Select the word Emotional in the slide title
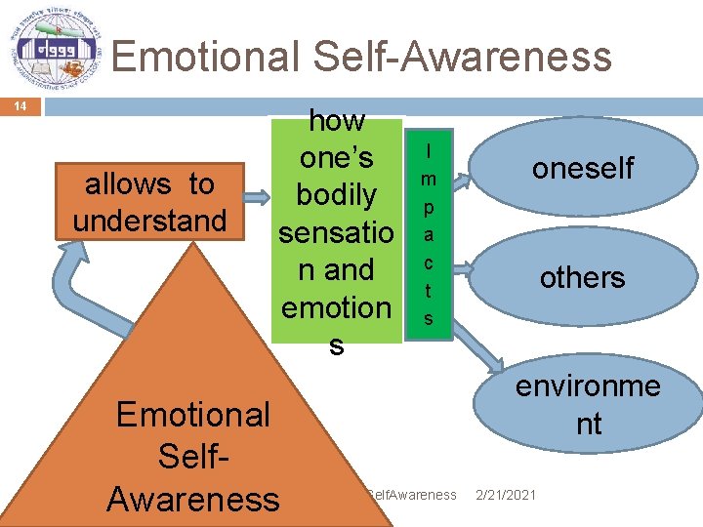pyautogui.click(x=204, y=57)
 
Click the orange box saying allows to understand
pyautogui.click(x=149, y=202)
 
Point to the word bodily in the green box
pyautogui.click(x=336, y=195)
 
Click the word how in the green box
pyautogui.click(x=336, y=121)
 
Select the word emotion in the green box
pyautogui.click(x=336, y=307)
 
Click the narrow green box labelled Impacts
pyautogui.click(x=429, y=235)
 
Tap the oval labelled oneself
pyautogui.click(x=582, y=168)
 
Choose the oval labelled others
pyautogui.click(x=582, y=277)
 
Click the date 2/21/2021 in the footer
pyautogui.click(x=505, y=495)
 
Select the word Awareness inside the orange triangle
pyautogui.click(x=193, y=499)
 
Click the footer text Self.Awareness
pyautogui.click(x=411, y=495)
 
